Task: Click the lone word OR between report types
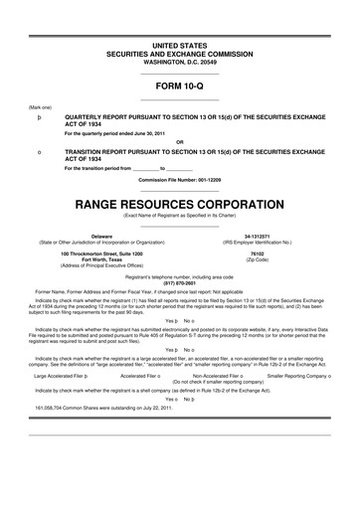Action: point(179,140)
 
